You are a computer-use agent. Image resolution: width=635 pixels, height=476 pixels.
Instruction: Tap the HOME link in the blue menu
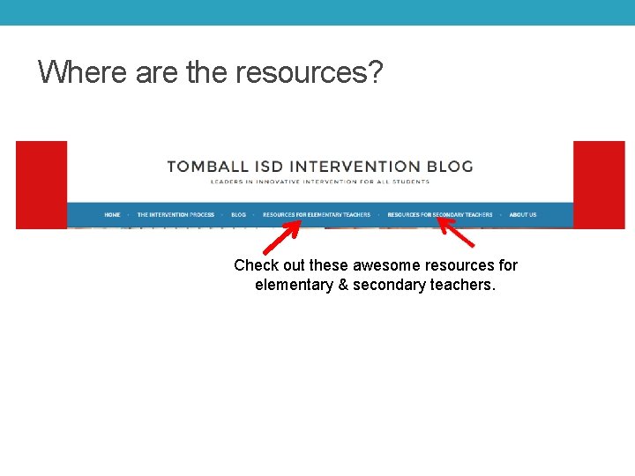[x=112, y=214]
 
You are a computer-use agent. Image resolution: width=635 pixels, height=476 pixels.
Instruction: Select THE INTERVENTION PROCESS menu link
[x=176, y=214]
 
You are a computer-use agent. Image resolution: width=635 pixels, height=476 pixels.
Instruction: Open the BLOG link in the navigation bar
[x=238, y=214]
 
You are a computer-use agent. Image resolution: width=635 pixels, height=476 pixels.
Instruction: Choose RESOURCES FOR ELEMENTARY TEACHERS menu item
[x=317, y=214]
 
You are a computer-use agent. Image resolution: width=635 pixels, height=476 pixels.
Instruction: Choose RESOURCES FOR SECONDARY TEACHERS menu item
[x=440, y=214]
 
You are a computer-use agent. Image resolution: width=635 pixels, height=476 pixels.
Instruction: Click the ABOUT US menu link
[x=522, y=214]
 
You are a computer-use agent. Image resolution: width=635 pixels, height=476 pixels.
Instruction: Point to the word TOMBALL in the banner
[x=209, y=166]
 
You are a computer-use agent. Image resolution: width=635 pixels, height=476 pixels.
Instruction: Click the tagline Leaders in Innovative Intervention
[x=319, y=182]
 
